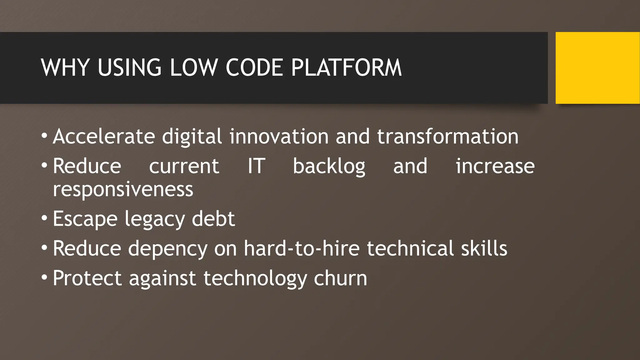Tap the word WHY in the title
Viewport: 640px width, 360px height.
click(x=65, y=67)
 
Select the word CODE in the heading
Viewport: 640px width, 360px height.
click(x=254, y=67)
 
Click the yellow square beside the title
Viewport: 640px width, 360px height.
click(x=597, y=68)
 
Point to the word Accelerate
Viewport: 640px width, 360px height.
click(x=104, y=137)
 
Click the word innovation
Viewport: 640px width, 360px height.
click(x=279, y=137)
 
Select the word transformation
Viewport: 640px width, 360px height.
click(x=447, y=137)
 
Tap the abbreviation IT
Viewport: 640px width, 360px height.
click(x=256, y=166)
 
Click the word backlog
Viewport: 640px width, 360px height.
click(x=329, y=166)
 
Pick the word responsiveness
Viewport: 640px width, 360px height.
click(x=123, y=189)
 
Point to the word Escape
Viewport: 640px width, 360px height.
click(x=85, y=219)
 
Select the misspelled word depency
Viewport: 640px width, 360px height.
click(x=168, y=248)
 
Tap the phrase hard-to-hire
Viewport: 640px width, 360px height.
click(x=302, y=248)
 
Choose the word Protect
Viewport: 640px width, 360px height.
click(x=87, y=278)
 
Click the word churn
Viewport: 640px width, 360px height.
click(x=340, y=278)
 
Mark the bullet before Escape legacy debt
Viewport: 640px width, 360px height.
click(x=44, y=218)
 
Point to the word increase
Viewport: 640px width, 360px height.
click(x=495, y=166)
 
